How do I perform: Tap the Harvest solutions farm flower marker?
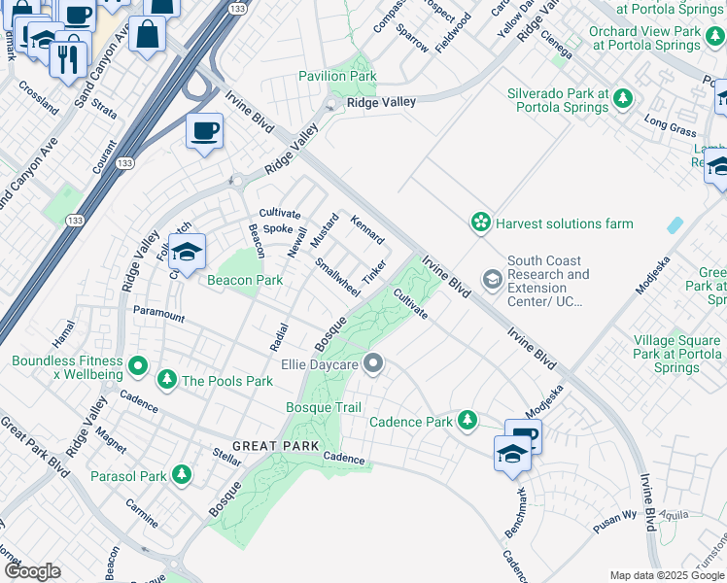480,223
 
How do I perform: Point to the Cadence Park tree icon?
468,421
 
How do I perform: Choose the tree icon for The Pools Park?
167,380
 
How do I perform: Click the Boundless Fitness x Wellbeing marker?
138,367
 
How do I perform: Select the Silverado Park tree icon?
622,99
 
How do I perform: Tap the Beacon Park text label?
245,281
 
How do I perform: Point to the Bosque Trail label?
324,407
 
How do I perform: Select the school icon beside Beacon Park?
187,253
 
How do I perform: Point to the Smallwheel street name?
337,278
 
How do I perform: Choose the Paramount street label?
158,315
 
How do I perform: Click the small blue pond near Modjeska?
675,223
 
